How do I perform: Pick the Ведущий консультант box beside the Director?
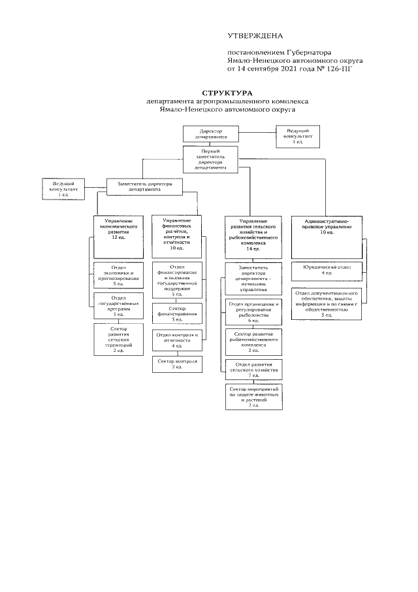[297, 136]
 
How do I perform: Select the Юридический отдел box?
[323, 270]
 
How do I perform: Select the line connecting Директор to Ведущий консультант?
[251, 134]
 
